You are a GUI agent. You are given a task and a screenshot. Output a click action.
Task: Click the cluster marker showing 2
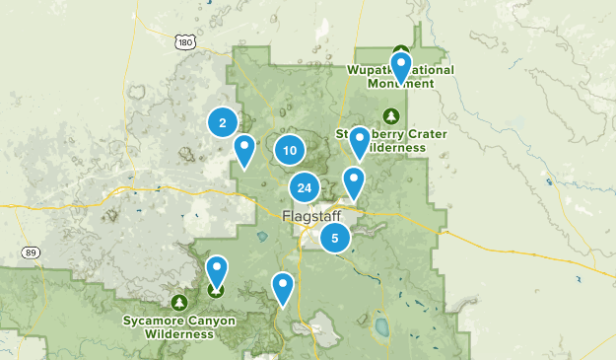(223, 122)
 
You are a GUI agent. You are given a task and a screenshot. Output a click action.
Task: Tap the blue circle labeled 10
(289, 150)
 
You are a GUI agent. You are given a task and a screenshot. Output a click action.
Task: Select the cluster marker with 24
(305, 188)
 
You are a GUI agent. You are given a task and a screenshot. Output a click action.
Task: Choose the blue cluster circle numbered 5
(336, 237)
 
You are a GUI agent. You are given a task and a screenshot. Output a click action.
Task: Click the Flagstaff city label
(311, 215)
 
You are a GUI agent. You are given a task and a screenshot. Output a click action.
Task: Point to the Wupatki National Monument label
(400, 77)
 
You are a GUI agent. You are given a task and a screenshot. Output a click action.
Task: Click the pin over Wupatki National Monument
(400, 67)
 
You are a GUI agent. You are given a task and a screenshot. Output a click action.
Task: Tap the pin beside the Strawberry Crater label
(360, 141)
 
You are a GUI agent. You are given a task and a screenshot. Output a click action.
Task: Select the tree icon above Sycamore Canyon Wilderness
(178, 301)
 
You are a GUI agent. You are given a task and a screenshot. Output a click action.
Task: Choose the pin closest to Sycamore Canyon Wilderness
(217, 270)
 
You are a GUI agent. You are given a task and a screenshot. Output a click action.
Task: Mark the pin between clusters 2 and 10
(244, 149)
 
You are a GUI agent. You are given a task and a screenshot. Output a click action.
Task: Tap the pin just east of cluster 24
(354, 181)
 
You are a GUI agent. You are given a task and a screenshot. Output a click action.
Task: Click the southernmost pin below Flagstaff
(283, 287)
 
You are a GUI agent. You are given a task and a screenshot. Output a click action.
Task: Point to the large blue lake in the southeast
(380, 326)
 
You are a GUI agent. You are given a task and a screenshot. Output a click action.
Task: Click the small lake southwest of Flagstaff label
(262, 237)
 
